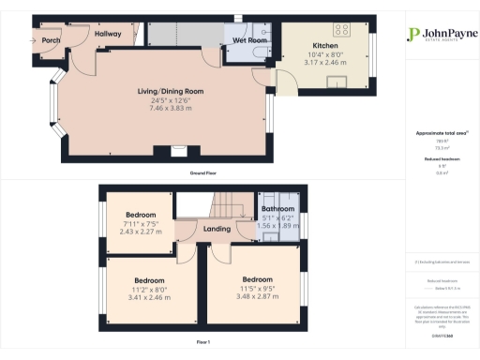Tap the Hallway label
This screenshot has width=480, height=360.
pos(108,34)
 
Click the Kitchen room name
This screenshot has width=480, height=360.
pos(325,45)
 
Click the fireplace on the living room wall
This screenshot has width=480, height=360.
pos(179,148)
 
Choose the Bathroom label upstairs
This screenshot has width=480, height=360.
pos(277,209)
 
